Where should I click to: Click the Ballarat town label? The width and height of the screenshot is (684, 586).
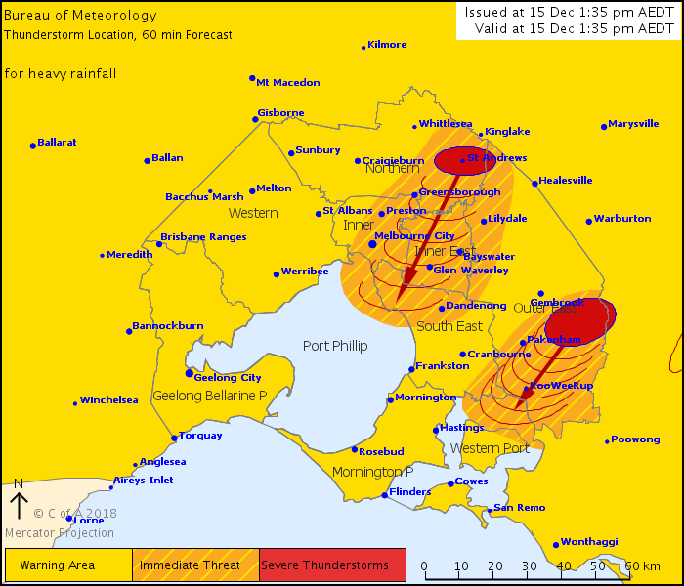58,142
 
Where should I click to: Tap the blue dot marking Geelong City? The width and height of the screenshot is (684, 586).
190,373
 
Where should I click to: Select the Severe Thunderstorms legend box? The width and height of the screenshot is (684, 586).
332,565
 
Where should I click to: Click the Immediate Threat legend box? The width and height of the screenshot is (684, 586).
195,565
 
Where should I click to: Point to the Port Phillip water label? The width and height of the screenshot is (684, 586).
335,346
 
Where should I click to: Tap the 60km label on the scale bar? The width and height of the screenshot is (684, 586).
643,565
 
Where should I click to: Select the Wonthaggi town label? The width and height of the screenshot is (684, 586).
590,542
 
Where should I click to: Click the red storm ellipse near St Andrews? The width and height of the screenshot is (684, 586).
463,161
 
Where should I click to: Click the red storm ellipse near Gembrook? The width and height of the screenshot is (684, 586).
580,317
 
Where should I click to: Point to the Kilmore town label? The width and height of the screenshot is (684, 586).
386,44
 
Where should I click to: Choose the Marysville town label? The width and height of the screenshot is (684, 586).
633,124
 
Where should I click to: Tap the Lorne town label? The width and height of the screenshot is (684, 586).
88,520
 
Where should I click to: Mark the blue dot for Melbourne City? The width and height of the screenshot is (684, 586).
372,243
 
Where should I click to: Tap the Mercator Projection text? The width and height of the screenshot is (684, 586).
60,533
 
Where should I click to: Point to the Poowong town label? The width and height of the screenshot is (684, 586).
636,439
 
